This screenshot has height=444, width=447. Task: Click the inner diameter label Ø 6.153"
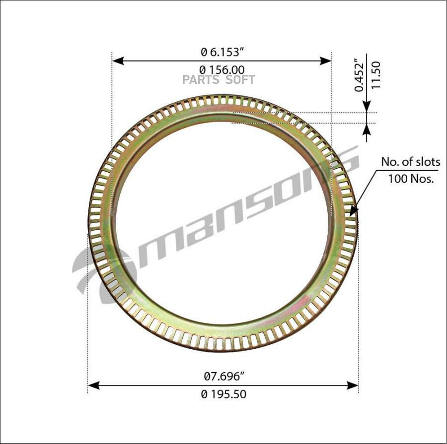(x=223, y=52)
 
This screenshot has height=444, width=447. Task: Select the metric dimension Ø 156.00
(x=222, y=70)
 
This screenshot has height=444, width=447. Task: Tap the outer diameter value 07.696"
(x=224, y=377)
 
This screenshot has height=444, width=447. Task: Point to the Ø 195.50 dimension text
(x=223, y=394)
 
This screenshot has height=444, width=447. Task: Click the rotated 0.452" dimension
(x=359, y=75)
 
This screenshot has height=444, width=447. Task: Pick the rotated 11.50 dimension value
(x=376, y=75)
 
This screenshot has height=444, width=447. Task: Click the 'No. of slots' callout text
(x=411, y=162)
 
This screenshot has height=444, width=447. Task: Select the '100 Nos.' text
(x=411, y=179)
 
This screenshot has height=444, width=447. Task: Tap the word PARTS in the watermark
(x=201, y=80)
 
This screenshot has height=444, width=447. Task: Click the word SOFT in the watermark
(x=240, y=80)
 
